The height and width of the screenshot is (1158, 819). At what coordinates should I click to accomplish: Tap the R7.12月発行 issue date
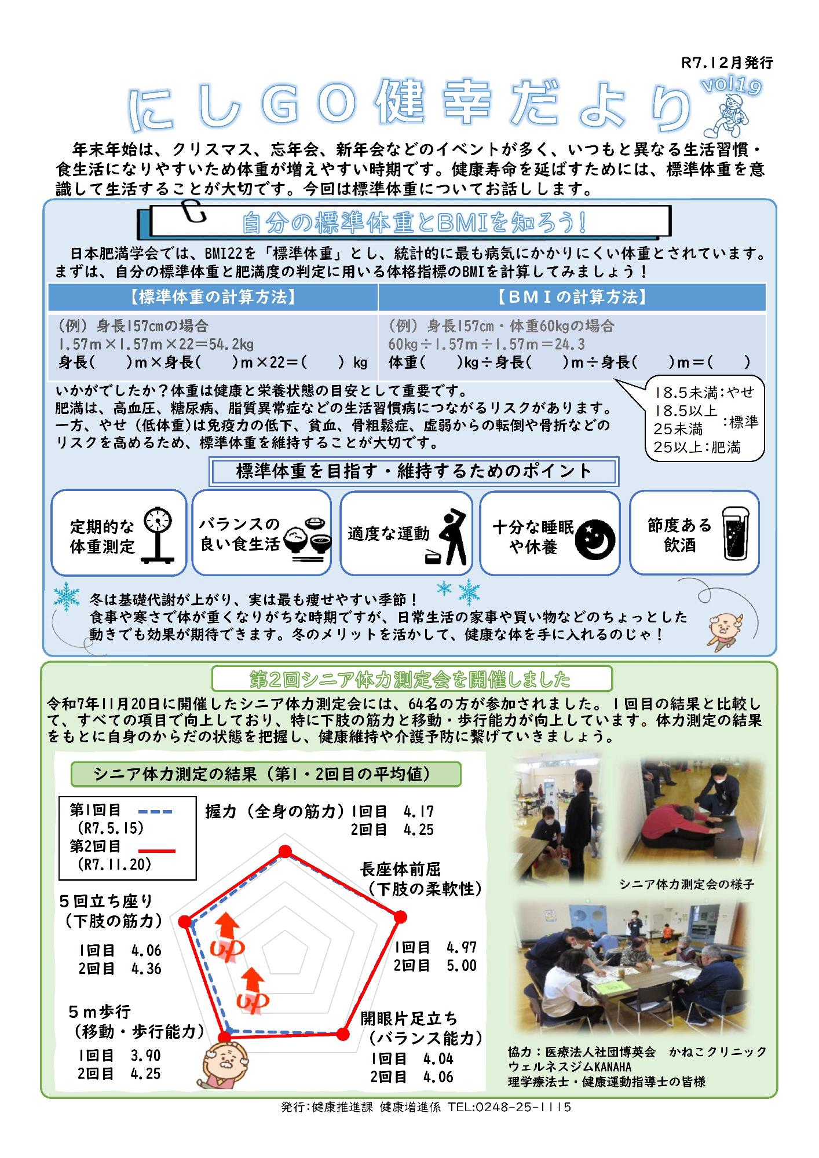[x=727, y=63]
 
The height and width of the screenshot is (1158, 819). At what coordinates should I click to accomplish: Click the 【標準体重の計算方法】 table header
[x=213, y=298]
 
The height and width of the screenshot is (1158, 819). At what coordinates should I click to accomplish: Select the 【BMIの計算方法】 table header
[x=572, y=298]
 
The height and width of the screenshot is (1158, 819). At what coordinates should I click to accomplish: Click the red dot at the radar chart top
[x=284, y=851]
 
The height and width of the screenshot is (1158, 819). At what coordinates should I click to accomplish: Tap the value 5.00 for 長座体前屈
[x=462, y=966]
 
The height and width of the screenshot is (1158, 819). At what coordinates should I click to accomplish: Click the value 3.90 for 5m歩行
[x=145, y=1056]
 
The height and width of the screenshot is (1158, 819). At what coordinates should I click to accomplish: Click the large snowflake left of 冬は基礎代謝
[x=67, y=596]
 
